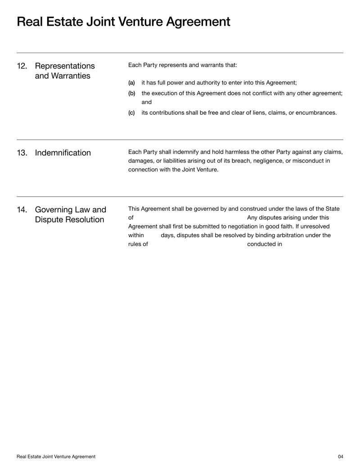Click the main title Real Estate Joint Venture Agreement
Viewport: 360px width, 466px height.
pos(123,22)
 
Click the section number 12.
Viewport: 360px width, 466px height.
pos(22,66)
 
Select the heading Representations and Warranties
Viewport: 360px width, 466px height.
pos(65,71)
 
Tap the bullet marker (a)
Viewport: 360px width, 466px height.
pos(131,83)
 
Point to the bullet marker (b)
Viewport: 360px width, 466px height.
pos(131,93)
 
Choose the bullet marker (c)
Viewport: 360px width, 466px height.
pos(131,113)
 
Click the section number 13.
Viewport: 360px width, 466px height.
pos(22,153)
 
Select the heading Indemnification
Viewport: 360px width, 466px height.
pos(63,153)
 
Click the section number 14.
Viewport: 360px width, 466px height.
pos(22,210)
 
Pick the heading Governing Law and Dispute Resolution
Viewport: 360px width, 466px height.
pos(70,215)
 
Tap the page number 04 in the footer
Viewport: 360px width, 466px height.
pos(341,457)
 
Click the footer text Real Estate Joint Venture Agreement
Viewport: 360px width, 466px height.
pos(56,457)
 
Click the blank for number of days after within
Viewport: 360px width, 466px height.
pos(152,235)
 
